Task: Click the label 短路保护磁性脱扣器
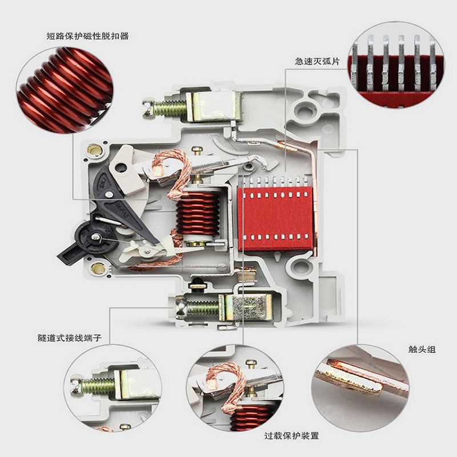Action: tap(88, 36)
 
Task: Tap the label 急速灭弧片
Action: tap(318, 61)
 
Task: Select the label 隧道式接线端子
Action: tap(70, 338)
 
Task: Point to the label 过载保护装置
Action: tap(292, 436)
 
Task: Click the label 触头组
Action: tap(422, 349)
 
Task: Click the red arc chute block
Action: tap(275, 218)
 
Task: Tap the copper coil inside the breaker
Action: tap(198, 213)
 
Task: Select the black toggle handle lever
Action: tap(87, 239)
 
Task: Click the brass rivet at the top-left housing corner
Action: tap(94, 150)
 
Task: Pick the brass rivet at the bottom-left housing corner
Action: tap(98, 268)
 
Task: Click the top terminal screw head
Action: tap(149, 109)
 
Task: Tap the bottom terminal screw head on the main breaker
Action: tap(181, 308)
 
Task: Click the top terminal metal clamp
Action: tap(214, 106)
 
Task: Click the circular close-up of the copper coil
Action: tap(65, 90)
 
